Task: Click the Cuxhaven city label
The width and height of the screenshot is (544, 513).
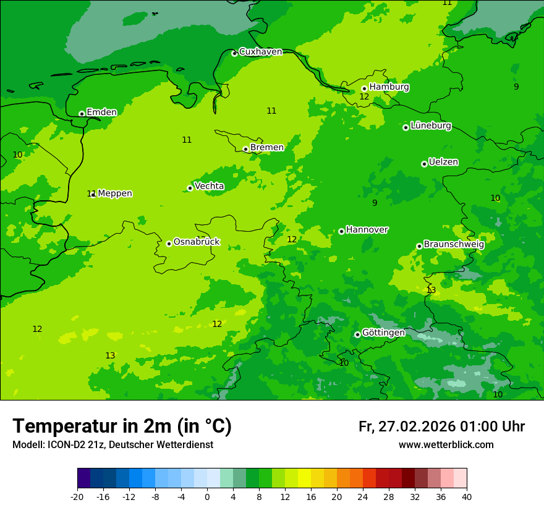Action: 260,52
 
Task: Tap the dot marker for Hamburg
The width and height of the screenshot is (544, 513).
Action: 364,88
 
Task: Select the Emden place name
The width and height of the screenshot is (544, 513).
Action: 101,112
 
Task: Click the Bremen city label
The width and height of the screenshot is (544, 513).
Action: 267,148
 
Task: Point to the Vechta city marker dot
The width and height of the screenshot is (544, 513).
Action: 190,188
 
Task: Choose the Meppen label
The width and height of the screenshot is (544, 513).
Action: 115,193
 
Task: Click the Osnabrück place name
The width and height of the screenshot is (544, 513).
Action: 197,242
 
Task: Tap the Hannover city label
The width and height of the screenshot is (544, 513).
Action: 367,230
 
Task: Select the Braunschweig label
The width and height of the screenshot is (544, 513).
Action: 454,244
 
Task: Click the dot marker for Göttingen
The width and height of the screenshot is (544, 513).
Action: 357,334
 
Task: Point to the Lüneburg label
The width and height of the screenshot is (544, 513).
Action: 431,125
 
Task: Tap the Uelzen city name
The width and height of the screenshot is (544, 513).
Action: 443,163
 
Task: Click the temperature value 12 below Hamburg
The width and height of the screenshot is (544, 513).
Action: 364,97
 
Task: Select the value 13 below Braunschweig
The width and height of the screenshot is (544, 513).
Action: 431,290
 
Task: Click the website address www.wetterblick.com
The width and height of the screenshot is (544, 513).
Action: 446,445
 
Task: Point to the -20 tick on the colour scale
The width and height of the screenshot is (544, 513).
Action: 77,496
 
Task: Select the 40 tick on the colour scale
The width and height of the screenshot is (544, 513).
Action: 467,496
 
